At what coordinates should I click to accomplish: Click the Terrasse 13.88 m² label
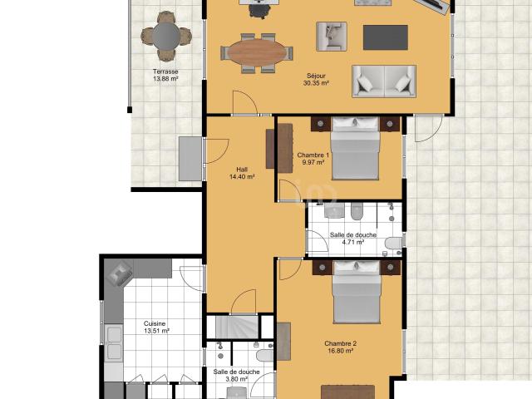[x=165, y=76]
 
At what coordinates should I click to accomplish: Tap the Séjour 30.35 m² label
[x=317, y=80]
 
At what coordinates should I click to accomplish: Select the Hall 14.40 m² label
[x=241, y=173]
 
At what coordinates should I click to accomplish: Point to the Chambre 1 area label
[x=313, y=159]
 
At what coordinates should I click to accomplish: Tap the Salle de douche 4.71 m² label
[x=354, y=239]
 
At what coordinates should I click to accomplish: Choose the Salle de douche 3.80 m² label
[x=237, y=376]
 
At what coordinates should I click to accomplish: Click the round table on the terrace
[x=165, y=36]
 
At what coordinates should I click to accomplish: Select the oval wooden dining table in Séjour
[x=257, y=53]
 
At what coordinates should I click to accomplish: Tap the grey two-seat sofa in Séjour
[x=383, y=81]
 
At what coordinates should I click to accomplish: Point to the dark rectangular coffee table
[x=386, y=37]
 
